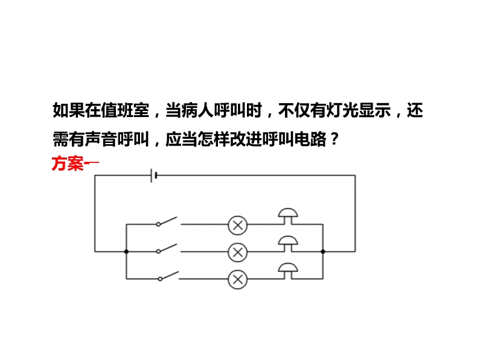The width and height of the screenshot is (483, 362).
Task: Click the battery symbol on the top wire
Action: tap(154, 176)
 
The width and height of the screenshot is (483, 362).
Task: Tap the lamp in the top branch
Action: tap(237, 225)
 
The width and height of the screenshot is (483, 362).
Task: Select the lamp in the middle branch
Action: tap(237, 252)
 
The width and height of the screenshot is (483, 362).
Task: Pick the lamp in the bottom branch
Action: tap(237, 279)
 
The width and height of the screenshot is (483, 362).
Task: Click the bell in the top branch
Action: tap(288, 217)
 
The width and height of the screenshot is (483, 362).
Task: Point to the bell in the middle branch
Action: tap(288, 244)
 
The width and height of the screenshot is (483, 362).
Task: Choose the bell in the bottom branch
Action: tap(288, 271)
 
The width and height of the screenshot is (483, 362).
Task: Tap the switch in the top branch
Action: tap(168, 221)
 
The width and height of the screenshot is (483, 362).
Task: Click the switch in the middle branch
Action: tap(168, 249)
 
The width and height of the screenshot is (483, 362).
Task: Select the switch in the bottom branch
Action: tap(169, 276)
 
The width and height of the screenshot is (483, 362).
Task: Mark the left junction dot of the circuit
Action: tap(126, 252)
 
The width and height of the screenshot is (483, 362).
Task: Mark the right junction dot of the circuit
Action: tap(323, 252)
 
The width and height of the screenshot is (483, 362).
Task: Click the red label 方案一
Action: tap(75, 163)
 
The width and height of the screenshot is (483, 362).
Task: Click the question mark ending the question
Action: tap(334, 139)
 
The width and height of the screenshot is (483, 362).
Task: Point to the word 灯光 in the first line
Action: tap(342, 110)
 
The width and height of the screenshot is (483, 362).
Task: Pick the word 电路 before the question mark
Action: tap(310, 139)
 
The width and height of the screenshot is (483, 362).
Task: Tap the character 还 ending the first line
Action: tap(415, 110)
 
